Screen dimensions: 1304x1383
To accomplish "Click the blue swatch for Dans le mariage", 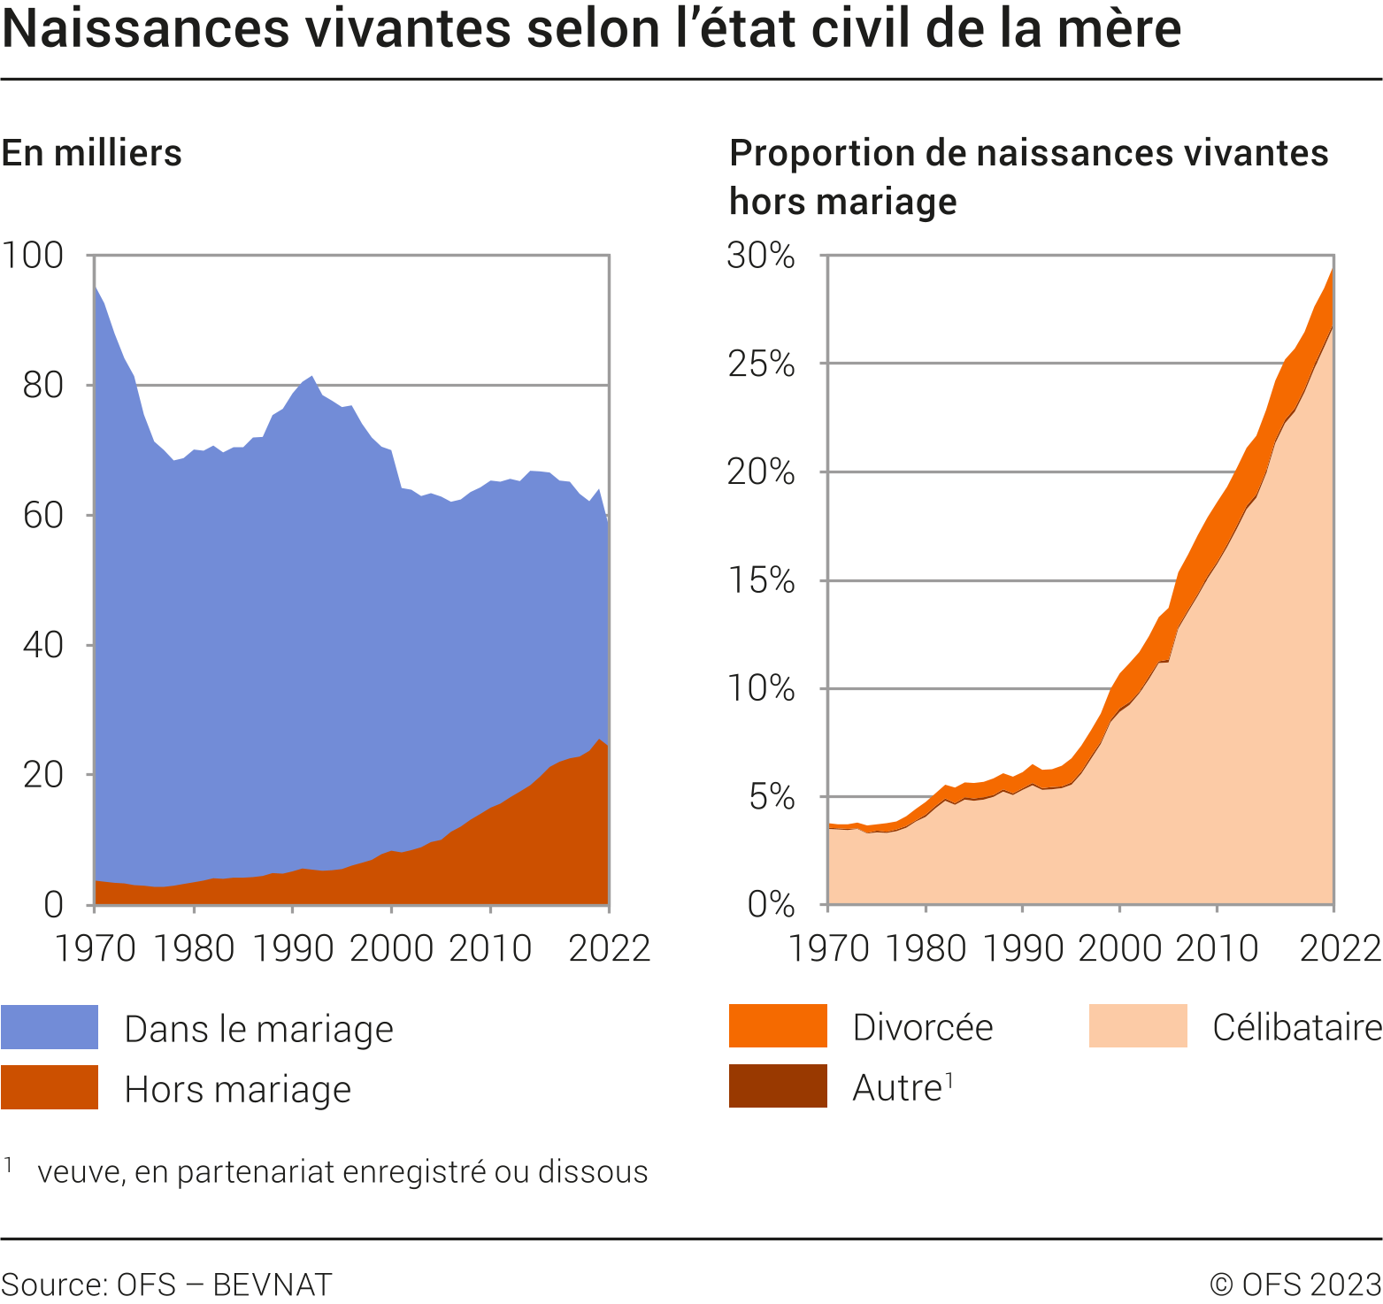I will [x=50, y=1027].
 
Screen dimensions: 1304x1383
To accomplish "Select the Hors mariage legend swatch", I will [x=50, y=1087].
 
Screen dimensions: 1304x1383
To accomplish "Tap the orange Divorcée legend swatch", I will [x=778, y=1026].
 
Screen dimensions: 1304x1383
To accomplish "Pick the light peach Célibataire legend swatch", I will [x=1138, y=1026].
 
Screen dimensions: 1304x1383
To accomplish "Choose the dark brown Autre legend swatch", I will [x=778, y=1086].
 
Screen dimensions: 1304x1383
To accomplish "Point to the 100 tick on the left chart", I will [x=34, y=256].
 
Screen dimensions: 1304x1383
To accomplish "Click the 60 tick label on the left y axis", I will [x=43, y=515].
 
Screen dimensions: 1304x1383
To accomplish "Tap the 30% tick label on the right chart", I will [x=761, y=256].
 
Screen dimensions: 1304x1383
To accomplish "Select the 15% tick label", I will [x=761, y=580].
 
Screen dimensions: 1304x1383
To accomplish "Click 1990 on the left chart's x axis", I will [x=293, y=948].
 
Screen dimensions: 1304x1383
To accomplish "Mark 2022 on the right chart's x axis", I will [x=1340, y=948].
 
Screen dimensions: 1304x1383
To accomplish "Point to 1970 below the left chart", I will [x=96, y=948].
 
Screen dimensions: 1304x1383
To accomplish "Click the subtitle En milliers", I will [x=92, y=153].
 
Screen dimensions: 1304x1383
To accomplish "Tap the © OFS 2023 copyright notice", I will [x=1295, y=1284].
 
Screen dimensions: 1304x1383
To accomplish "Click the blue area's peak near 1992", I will [x=311, y=379].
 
